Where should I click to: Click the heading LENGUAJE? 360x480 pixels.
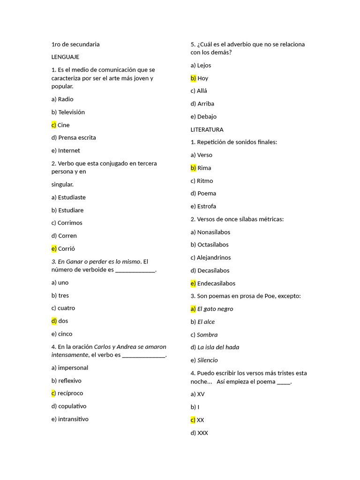(x=65, y=57)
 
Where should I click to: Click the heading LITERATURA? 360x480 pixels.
(x=207, y=129)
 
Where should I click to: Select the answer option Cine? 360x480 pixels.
(x=63, y=125)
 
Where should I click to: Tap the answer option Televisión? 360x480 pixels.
(x=71, y=112)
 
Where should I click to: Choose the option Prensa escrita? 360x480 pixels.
(x=77, y=138)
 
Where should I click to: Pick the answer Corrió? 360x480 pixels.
(x=66, y=249)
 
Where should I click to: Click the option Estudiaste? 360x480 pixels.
(x=72, y=197)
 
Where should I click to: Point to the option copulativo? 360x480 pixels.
(x=72, y=406)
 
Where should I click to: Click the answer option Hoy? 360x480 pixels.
(x=202, y=78)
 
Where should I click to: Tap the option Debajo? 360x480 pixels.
(x=207, y=117)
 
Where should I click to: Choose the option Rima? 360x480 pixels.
(x=204, y=168)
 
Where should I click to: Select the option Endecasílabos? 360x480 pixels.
(x=216, y=284)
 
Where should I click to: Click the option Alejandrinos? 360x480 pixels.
(x=213, y=258)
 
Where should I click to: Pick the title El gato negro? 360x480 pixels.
(x=215, y=309)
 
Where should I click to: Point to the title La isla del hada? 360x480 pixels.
(x=218, y=347)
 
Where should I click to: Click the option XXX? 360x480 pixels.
(x=202, y=433)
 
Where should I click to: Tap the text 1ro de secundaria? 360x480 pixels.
(x=75, y=45)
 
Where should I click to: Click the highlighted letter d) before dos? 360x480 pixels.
(x=54, y=321)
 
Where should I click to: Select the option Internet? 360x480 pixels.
(x=69, y=151)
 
